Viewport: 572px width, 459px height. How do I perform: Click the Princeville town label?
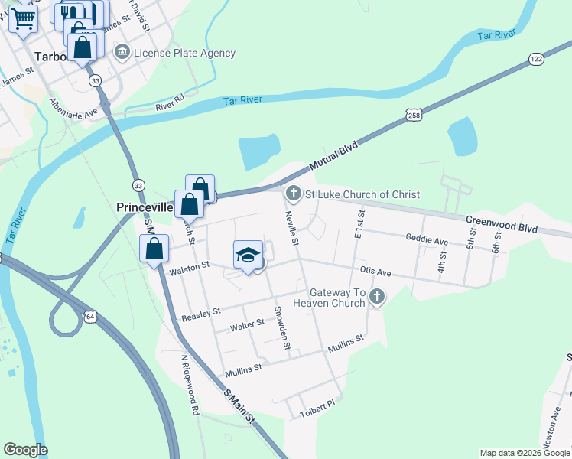(x=145, y=207)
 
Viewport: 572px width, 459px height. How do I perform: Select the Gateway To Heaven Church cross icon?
(x=376, y=298)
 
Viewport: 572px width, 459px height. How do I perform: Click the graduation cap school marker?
(x=248, y=255)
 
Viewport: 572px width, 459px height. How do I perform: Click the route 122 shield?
(x=535, y=59)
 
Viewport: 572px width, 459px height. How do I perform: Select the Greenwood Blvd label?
(x=502, y=224)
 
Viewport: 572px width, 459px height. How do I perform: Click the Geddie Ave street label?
(x=427, y=240)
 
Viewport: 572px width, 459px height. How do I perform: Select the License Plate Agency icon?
(x=122, y=53)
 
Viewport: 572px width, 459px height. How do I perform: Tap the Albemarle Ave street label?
(x=74, y=108)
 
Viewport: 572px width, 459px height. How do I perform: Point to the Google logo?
(x=25, y=450)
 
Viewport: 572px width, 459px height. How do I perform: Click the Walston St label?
(x=189, y=267)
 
